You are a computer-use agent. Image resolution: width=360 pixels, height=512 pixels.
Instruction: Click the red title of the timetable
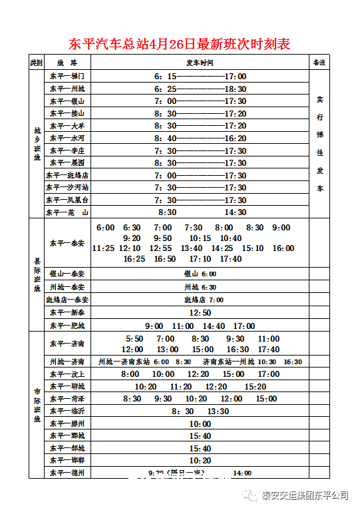click(180, 45)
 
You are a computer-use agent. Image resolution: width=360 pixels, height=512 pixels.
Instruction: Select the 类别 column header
click(36, 63)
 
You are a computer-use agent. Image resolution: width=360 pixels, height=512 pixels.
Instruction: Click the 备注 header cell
click(319, 63)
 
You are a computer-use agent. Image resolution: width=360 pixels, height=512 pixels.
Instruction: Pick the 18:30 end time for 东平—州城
click(235, 89)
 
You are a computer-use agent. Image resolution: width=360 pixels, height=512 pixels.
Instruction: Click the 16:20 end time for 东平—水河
click(235, 138)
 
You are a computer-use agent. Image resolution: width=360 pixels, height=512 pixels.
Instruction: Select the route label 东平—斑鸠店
click(67, 176)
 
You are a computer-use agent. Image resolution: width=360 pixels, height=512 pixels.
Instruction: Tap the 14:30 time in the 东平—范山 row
click(235, 212)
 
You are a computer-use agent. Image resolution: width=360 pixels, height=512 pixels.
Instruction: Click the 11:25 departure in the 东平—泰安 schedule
click(103, 248)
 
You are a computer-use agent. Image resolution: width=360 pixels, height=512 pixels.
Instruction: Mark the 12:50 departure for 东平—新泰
click(200, 312)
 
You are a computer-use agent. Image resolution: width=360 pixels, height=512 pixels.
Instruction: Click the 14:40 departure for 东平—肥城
click(214, 326)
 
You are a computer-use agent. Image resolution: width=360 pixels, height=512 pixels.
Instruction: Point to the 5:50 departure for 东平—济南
click(134, 339)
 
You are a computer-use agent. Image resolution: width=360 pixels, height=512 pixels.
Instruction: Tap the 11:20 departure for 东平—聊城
click(180, 387)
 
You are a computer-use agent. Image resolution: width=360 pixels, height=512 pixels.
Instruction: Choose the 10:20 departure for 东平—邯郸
click(200, 461)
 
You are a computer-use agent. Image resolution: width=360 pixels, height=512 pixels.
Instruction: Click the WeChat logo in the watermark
click(251, 496)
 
